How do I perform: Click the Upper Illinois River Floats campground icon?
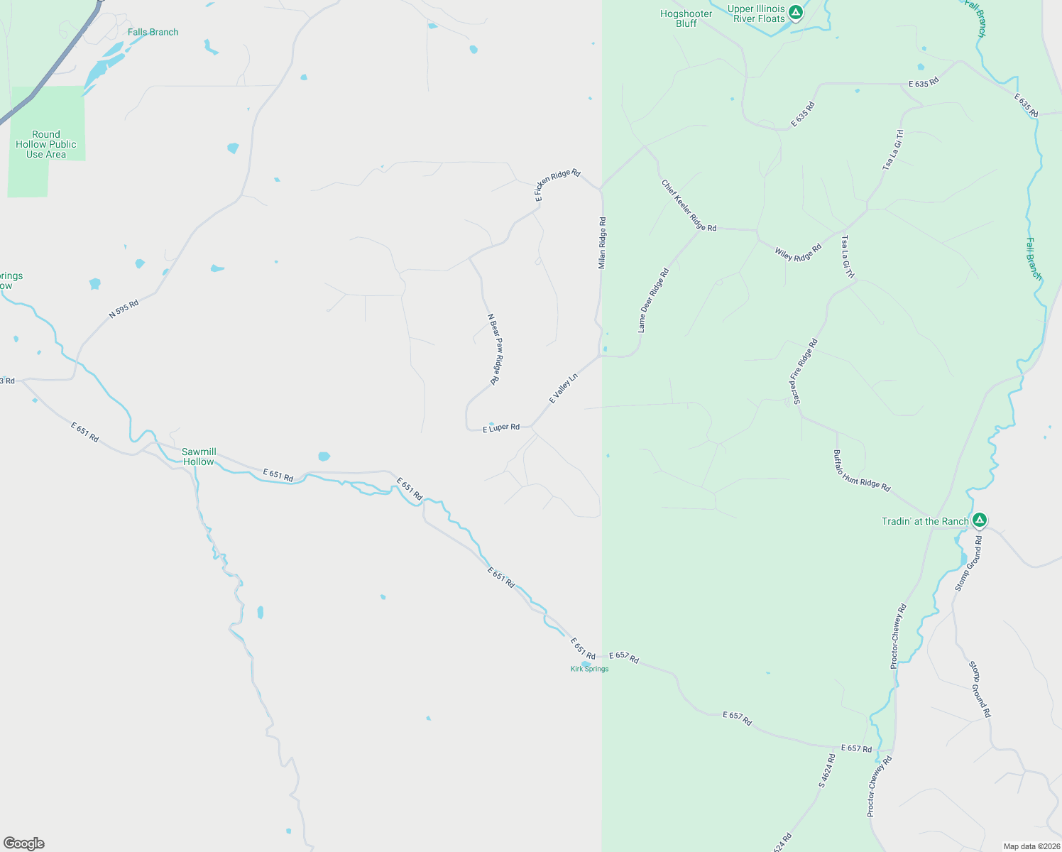pos(796,12)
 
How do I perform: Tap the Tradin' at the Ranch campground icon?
pos(980,520)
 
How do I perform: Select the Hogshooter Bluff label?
pos(686,18)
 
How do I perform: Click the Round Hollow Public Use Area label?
pos(46,144)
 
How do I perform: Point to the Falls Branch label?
pos(153,32)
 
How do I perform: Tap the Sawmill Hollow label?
pos(199,457)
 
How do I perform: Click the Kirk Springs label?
pos(589,669)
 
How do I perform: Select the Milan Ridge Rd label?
pos(602,243)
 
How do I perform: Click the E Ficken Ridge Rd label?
pos(557,185)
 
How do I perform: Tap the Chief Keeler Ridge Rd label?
pos(689,206)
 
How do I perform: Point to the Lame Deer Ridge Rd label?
pos(653,300)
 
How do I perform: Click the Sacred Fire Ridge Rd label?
pos(804,371)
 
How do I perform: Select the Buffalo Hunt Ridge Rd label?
pos(861,471)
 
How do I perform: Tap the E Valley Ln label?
pos(564,388)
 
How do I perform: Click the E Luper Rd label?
pos(501,428)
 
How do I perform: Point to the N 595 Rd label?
pos(124,309)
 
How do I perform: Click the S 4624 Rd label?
pos(827,771)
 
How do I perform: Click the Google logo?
pos(24,843)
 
